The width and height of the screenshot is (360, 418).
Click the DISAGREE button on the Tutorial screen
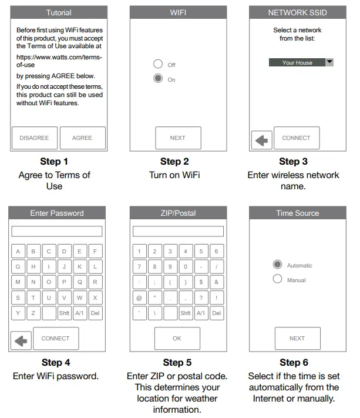coord(34,138)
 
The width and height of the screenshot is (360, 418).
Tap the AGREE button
coord(82,138)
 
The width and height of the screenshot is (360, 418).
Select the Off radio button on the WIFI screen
coord(157,64)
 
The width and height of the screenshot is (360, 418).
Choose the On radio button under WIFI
coord(157,79)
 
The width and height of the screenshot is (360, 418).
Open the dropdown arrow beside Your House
coord(329,62)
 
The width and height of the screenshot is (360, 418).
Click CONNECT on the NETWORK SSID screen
coord(296,138)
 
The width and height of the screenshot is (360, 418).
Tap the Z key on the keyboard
coord(33,313)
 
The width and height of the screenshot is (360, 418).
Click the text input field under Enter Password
coord(57,231)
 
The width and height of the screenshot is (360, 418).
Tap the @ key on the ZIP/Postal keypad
coord(139,297)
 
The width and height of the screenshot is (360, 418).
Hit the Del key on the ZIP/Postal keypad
coord(216,313)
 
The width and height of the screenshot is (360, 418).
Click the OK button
coord(177,338)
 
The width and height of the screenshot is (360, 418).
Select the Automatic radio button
coord(278,265)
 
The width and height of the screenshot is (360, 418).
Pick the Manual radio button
coord(278,279)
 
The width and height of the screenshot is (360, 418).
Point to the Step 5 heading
coord(177,362)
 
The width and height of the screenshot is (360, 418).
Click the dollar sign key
coord(201,282)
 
